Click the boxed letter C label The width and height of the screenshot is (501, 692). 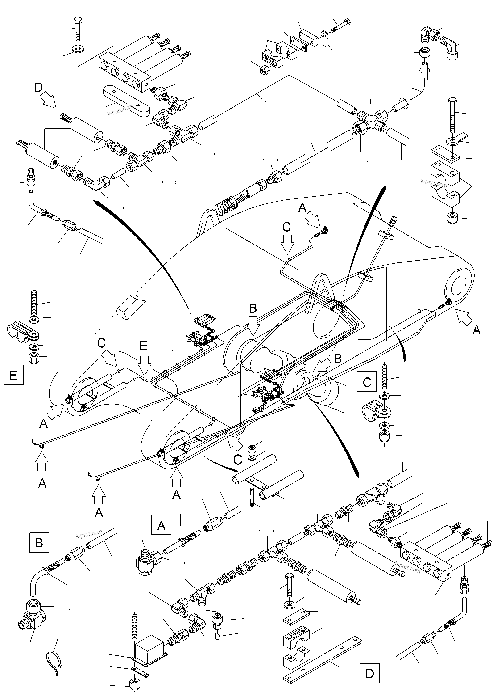point(367,382)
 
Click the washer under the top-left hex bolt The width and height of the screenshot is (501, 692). point(77,49)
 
